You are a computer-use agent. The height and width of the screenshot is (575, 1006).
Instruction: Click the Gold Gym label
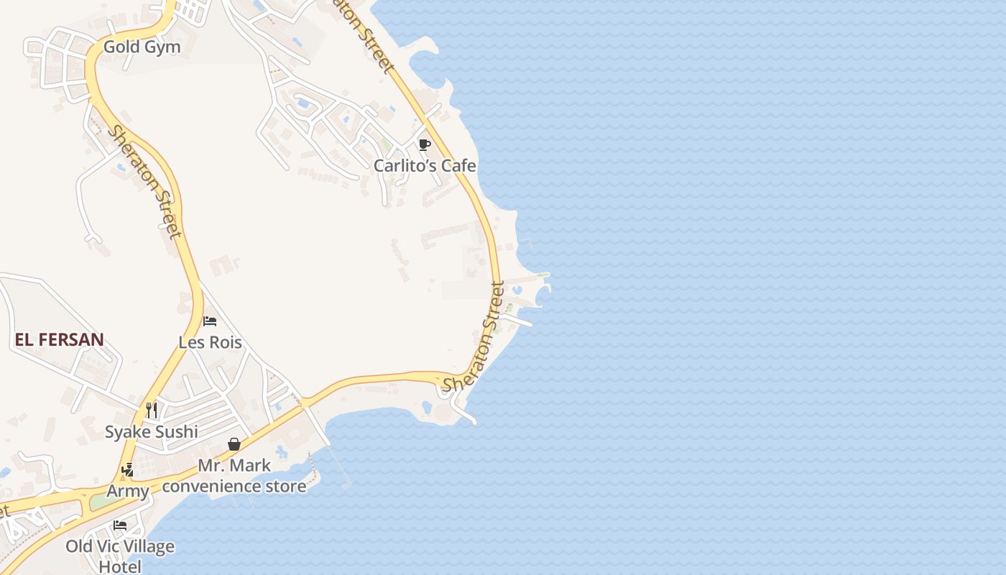[x=142, y=47]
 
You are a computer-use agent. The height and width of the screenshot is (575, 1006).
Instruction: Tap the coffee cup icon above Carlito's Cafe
[x=424, y=144]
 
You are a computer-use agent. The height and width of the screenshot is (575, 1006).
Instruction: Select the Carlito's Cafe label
[x=425, y=166]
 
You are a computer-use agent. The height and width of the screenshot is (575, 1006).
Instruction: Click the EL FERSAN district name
[x=60, y=340]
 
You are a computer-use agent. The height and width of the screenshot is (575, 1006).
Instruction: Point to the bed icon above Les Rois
[x=210, y=321]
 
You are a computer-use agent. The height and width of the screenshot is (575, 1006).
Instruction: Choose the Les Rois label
[x=210, y=342]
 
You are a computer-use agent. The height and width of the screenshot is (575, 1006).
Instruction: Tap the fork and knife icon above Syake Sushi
[x=152, y=410]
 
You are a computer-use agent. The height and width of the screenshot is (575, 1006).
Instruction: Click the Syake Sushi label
[x=151, y=432]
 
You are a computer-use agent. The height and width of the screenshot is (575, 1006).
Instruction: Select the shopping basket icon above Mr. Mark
[x=234, y=444]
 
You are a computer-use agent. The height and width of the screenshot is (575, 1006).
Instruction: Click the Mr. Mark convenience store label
[x=234, y=476]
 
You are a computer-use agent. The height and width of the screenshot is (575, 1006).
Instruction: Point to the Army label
[x=128, y=492]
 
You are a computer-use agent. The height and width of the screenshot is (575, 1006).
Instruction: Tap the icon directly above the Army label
[x=128, y=470]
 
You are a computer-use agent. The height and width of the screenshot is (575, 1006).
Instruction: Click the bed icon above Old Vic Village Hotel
[x=120, y=525]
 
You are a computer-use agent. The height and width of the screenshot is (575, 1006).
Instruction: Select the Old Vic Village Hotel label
[x=120, y=556]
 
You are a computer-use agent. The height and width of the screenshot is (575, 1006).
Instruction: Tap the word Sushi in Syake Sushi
[x=176, y=432]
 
